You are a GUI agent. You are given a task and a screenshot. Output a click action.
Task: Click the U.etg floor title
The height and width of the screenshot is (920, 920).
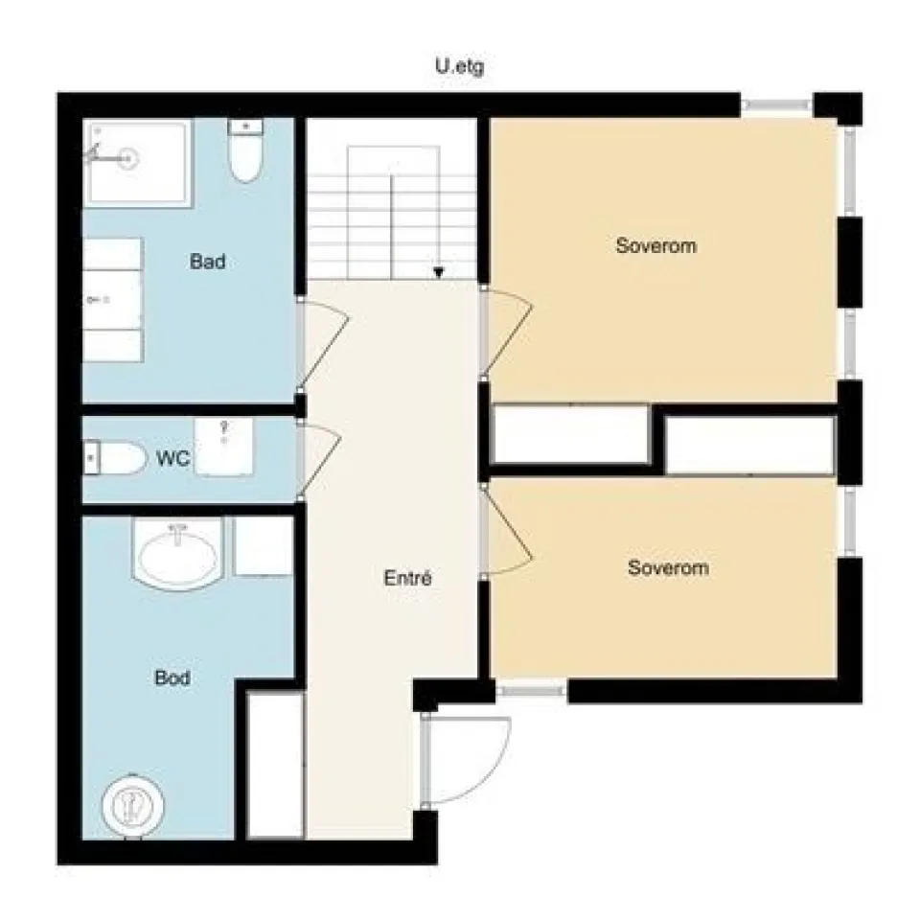[x=460, y=67]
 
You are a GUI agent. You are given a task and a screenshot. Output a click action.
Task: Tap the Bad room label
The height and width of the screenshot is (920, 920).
[x=208, y=261]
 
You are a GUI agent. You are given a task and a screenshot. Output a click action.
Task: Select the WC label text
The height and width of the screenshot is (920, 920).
[x=173, y=458]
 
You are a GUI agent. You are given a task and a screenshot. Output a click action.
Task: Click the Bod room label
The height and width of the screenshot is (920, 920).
[x=172, y=678]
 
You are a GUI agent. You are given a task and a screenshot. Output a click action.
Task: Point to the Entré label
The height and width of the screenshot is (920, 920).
[x=408, y=579]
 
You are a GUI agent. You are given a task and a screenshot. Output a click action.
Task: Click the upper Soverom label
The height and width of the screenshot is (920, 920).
[x=656, y=245]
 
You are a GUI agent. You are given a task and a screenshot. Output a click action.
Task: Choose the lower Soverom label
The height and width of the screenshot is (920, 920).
[x=668, y=567]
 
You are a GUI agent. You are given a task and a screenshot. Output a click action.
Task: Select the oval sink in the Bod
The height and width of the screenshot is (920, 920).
[x=178, y=553]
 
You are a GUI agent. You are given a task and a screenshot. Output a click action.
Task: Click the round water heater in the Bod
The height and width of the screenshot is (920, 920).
[x=132, y=806]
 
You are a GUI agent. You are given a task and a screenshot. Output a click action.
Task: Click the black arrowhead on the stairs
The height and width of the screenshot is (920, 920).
[x=439, y=272]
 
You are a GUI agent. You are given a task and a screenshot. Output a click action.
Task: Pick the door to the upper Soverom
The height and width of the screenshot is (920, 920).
[x=507, y=333]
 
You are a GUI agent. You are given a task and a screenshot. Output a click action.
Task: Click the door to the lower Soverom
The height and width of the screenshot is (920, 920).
[x=507, y=532]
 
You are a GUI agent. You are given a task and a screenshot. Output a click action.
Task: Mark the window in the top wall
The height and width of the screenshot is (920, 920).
[x=777, y=105]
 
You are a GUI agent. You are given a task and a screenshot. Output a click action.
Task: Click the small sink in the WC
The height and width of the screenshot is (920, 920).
[x=223, y=446]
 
